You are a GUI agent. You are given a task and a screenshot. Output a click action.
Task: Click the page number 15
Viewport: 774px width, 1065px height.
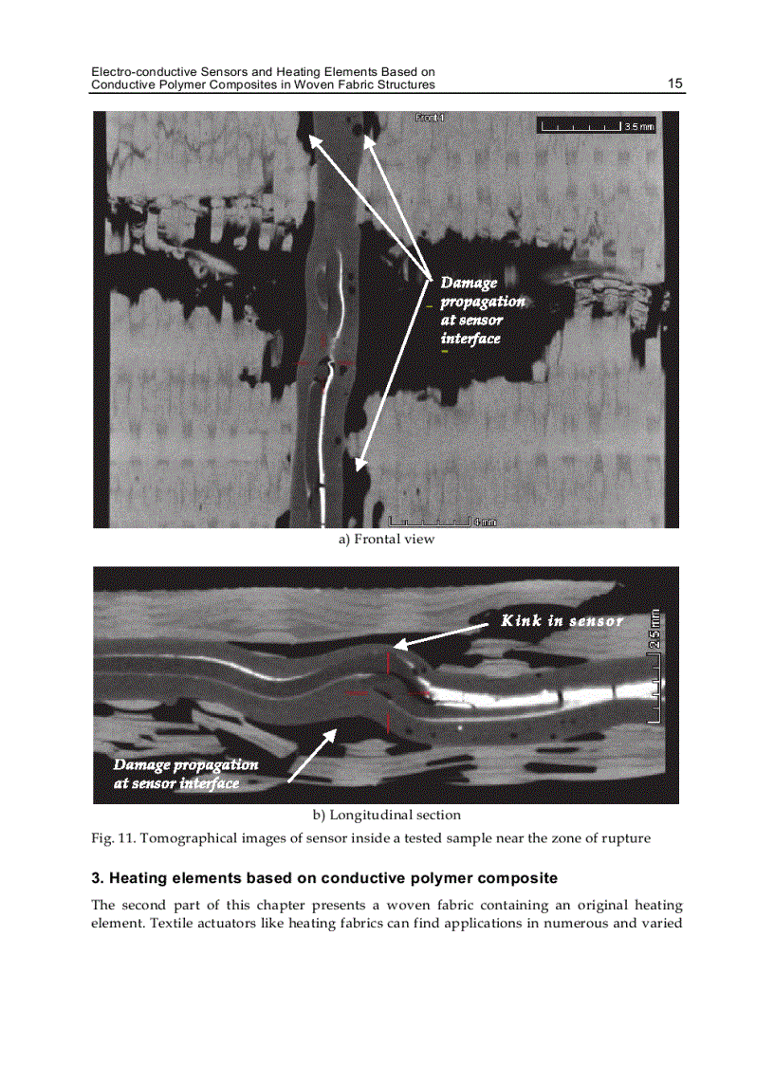675,83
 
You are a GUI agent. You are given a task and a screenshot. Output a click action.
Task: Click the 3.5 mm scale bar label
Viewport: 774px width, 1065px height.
638,127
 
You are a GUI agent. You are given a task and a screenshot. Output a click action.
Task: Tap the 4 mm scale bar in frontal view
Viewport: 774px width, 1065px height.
431,521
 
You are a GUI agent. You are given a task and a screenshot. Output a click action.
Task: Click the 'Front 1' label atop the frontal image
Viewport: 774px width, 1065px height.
430,118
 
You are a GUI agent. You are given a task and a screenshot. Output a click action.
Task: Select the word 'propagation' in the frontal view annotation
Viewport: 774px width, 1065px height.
481,302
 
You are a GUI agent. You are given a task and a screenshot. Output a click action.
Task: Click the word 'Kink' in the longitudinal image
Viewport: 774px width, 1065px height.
521,621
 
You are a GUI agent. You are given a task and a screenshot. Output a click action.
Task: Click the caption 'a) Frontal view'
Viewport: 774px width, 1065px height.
386,540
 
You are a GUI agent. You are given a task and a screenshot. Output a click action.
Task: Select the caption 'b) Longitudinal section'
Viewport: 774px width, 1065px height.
387,815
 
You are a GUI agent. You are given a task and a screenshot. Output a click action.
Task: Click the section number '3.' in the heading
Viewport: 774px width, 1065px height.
97,877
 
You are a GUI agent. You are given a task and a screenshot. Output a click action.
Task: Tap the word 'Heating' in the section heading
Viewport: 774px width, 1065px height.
143,877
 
